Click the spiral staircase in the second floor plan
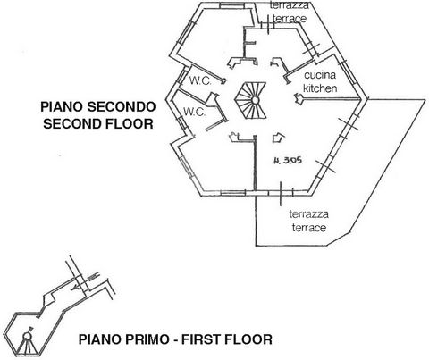(x=251, y=100)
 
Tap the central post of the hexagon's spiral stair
(x=255, y=100)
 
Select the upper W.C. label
(x=200, y=80)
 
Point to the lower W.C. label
(x=194, y=112)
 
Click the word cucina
(x=320, y=75)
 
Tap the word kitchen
(x=320, y=88)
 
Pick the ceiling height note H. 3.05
(x=288, y=161)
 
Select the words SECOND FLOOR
(x=98, y=124)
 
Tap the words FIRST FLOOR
(x=227, y=339)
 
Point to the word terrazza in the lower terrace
(x=308, y=214)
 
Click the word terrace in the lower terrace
(x=309, y=228)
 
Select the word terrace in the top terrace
(x=290, y=19)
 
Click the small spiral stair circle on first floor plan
(x=27, y=337)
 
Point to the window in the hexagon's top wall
(x=231, y=5)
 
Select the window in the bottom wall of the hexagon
(x=233, y=194)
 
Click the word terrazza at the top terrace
(x=290, y=5)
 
